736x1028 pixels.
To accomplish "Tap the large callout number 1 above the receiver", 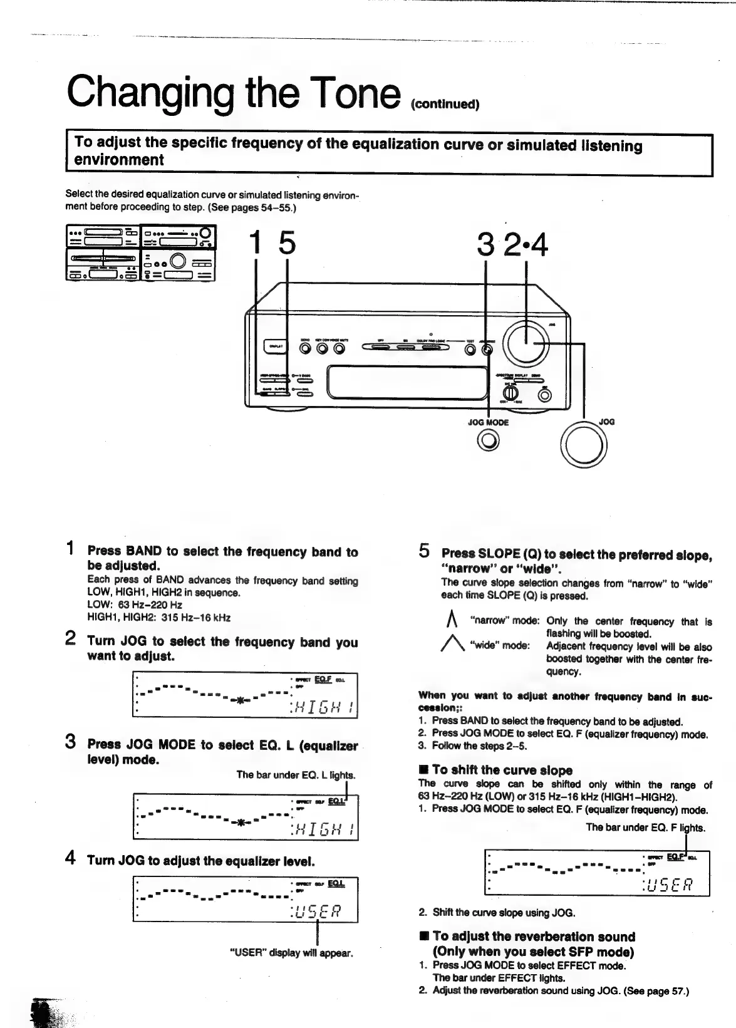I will (254, 243).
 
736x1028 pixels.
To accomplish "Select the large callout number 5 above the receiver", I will (286, 243).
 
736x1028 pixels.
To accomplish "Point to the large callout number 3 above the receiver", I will (485, 244).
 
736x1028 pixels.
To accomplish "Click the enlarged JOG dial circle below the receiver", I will (584, 445).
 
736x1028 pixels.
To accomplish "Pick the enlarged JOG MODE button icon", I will (489, 442).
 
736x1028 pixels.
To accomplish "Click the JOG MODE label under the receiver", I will (488, 422).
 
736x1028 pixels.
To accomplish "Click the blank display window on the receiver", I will (407, 382).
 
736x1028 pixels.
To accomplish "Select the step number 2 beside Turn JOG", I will (71, 640).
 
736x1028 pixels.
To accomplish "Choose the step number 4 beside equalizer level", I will (71, 858).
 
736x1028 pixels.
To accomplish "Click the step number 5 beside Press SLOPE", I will (424, 552).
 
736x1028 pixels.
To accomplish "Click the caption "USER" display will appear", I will (292, 953).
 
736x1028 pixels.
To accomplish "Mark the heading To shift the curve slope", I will (494, 770).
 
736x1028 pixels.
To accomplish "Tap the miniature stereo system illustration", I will (141, 252).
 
